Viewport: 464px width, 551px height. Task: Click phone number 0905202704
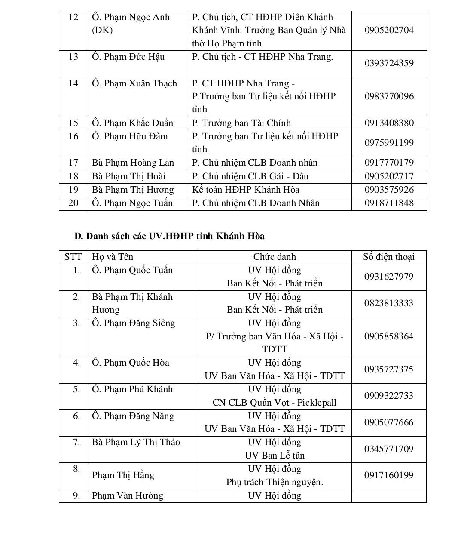[x=389, y=30]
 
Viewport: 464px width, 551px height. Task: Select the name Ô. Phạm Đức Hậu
[x=128, y=57]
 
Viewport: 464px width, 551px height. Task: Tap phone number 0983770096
[x=389, y=96]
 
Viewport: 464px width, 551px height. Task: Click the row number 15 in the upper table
[x=73, y=123]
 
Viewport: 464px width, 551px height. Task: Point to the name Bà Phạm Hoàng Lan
[x=133, y=163]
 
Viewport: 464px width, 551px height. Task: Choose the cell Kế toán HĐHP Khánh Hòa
[x=245, y=190]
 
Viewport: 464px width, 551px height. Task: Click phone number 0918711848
[x=389, y=203]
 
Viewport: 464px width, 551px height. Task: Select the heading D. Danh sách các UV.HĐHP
[x=169, y=236]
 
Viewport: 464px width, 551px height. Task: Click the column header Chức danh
[x=275, y=257]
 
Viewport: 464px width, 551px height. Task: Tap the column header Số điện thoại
[x=389, y=257]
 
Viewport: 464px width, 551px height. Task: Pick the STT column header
[x=73, y=257]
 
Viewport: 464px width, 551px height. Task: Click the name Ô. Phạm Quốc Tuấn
[x=132, y=270]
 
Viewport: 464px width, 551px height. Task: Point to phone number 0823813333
[x=389, y=303]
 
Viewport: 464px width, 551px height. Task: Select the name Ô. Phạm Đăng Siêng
[x=133, y=323]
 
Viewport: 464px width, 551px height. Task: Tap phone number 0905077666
[x=389, y=422]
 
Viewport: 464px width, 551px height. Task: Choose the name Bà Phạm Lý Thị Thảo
[x=136, y=442]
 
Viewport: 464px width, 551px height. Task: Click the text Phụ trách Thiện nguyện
[x=275, y=482]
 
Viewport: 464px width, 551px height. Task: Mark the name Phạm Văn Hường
[x=128, y=496]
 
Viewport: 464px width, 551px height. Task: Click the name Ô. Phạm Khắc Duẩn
[x=132, y=123]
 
